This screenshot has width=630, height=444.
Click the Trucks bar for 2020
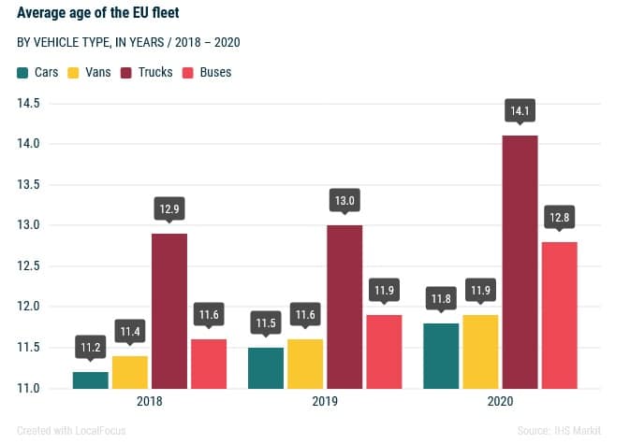point(520,262)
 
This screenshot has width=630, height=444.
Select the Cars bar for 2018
point(91,380)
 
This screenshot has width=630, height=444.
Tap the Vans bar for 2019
point(305,364)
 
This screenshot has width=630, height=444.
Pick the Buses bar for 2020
point(560,315)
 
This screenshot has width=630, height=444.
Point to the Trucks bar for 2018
point(169,310)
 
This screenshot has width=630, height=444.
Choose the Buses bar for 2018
point(209,364)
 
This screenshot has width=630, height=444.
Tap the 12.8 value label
point(560,218)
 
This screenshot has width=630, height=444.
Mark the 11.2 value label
point(91,348)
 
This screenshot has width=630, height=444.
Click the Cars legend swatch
point(23,72)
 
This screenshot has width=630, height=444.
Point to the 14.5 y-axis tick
point(27,103)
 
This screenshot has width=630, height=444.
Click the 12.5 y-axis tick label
point(27,265)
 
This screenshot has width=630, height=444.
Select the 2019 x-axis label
point(325,401)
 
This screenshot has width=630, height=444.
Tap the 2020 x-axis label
point(500,401)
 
